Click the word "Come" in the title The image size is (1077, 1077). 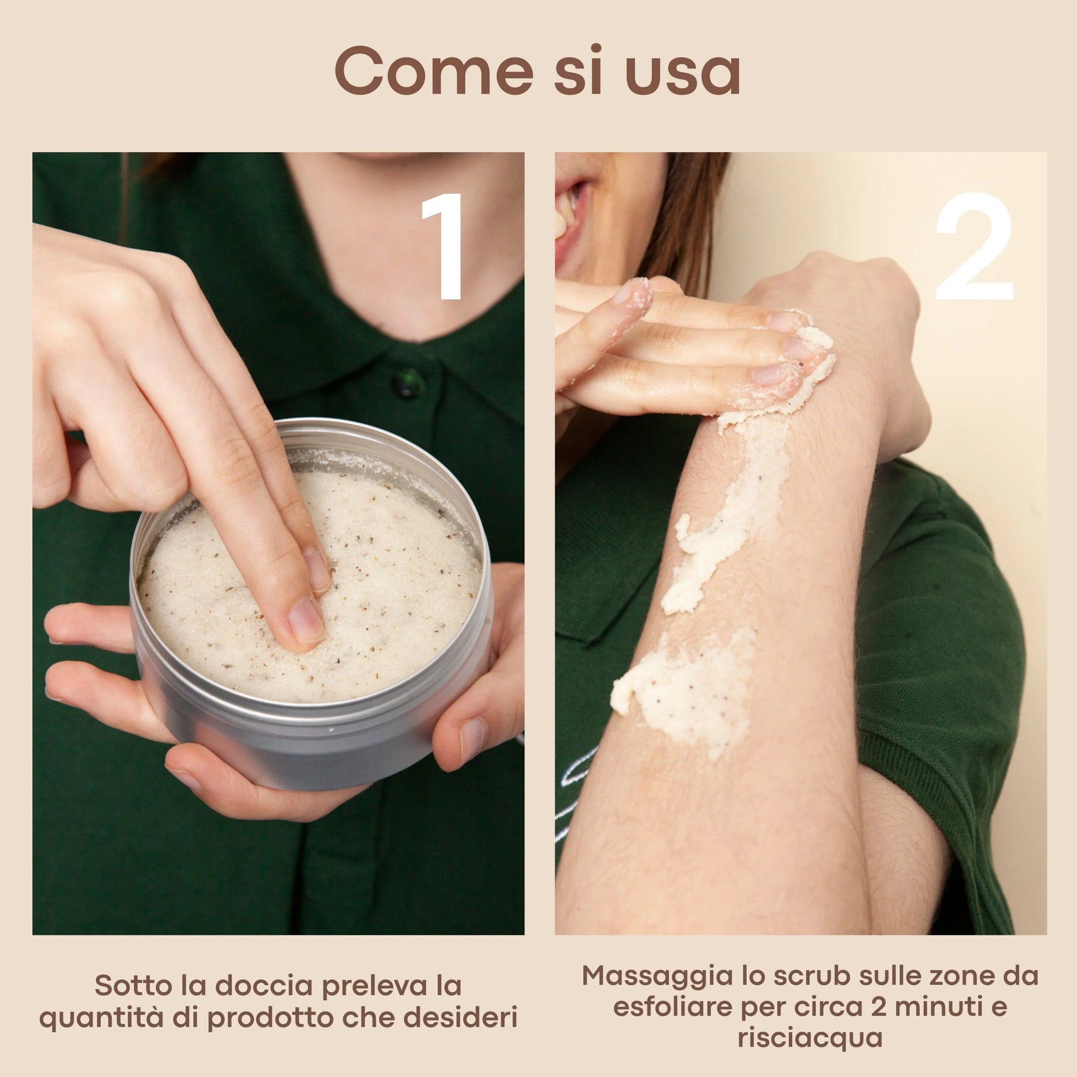[434, 71]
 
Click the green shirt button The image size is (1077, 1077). [408, 382]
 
